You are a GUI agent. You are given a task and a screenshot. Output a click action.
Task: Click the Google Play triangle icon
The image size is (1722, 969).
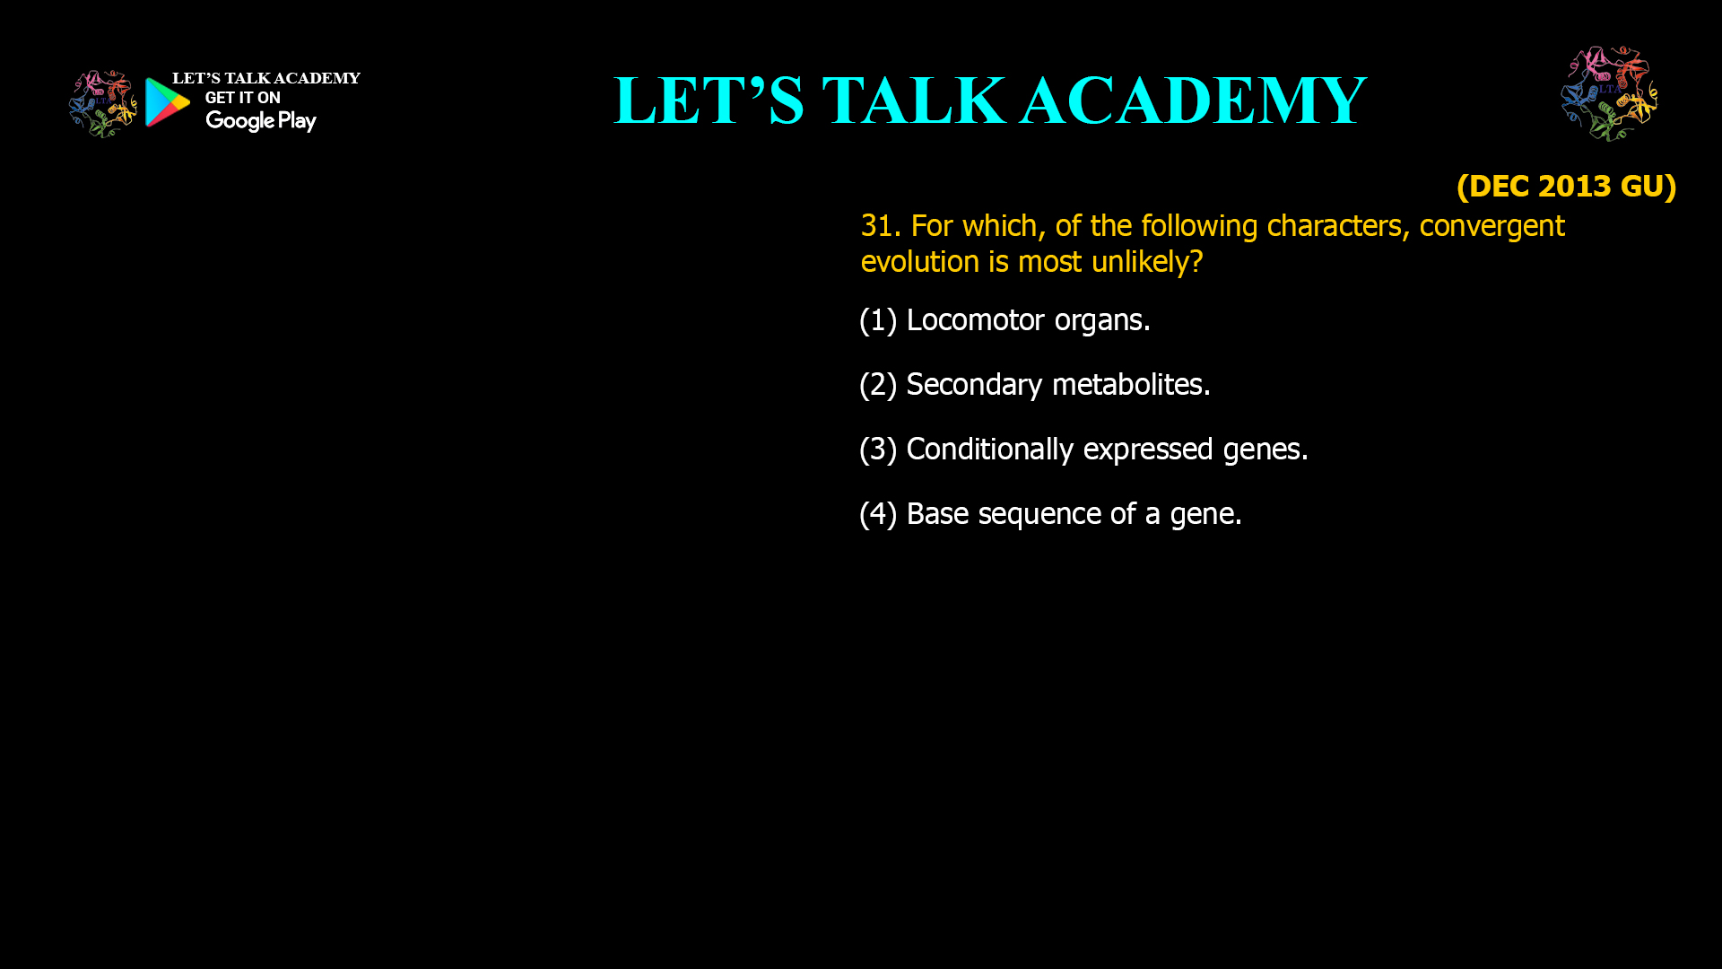(x=167, y=102)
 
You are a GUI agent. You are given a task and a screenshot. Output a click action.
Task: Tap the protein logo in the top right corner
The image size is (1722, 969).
(x=1609, y=94)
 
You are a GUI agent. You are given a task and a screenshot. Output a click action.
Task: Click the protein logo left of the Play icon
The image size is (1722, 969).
(x=102, y=104)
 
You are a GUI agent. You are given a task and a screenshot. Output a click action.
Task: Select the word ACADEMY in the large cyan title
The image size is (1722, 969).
(x=1193, y=100)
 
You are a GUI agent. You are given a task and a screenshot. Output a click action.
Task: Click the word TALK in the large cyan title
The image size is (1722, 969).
(x=913, y=100)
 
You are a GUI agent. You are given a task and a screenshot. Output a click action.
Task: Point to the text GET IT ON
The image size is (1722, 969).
(x=242, y=98)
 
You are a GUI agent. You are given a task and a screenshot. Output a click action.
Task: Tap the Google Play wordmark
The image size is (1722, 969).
(x=260, y=121)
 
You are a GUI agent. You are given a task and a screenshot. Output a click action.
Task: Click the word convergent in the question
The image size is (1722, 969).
(x=1492, y=226)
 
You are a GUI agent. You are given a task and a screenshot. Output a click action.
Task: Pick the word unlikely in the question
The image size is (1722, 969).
(x=1146, y=262)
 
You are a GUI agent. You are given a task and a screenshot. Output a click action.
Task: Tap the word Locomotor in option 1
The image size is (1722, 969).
(x=975, y=320)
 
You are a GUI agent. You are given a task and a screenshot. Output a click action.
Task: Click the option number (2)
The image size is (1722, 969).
(x=878, y=385)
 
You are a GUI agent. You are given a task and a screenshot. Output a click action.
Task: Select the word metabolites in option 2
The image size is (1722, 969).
(x=1130, y=385)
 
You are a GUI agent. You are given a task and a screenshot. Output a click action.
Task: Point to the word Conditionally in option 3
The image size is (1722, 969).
(x=989, y=450)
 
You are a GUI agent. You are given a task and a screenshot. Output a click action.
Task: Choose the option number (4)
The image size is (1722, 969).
(x=878, y=514)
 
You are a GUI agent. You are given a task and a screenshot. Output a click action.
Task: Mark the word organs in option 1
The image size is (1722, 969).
(x=1101, y=320)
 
